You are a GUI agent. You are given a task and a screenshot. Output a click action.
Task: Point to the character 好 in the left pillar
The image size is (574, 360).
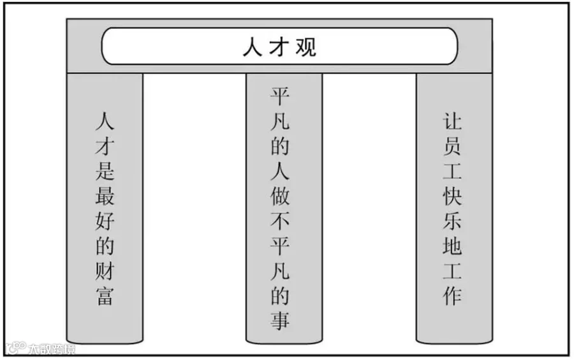[105, 222]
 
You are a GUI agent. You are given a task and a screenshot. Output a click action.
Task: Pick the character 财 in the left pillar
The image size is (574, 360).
[105, 272]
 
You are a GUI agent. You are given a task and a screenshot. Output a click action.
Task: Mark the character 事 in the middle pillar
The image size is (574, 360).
[281, 320]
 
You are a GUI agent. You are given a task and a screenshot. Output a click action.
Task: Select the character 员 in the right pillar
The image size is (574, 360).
[452, 147]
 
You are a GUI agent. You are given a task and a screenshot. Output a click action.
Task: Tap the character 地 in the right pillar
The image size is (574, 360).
[452, 246]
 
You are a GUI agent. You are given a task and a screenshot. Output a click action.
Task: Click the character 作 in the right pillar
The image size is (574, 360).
[452, 296]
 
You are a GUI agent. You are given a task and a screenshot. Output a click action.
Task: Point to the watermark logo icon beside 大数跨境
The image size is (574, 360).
[16, 349]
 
